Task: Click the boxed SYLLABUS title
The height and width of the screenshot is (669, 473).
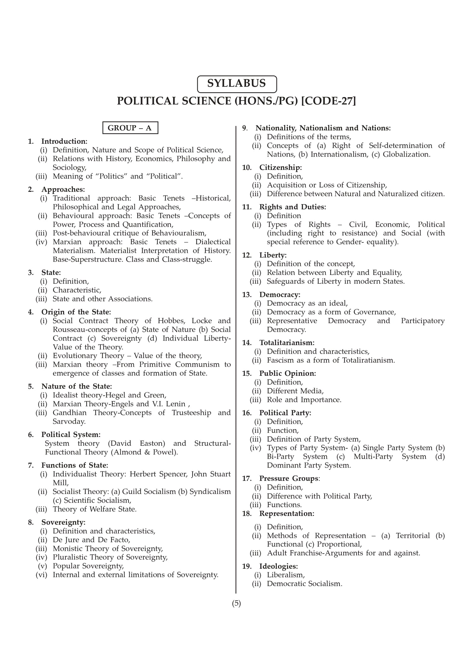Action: [x=237, y=84]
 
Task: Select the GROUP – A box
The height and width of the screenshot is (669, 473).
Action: [x=130, y=128]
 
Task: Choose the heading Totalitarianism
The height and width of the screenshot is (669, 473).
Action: [x=287, y=342]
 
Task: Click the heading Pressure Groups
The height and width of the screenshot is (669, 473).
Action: [x=289, y=478]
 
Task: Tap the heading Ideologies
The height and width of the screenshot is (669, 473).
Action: [x=278, y=566]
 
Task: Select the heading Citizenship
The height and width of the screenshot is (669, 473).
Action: [x=280, y=167]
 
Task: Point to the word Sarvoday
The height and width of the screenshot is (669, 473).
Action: [x=69, y=421]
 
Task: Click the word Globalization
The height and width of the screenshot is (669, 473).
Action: [x=406, y=154]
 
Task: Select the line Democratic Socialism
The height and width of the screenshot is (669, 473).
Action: [x=304, y=583]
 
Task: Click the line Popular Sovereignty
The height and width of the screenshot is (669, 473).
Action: [x=88, y=566]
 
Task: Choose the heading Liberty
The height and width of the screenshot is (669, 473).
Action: [x=273, y=255]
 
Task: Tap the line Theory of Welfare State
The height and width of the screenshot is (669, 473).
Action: [x=95, y=509]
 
